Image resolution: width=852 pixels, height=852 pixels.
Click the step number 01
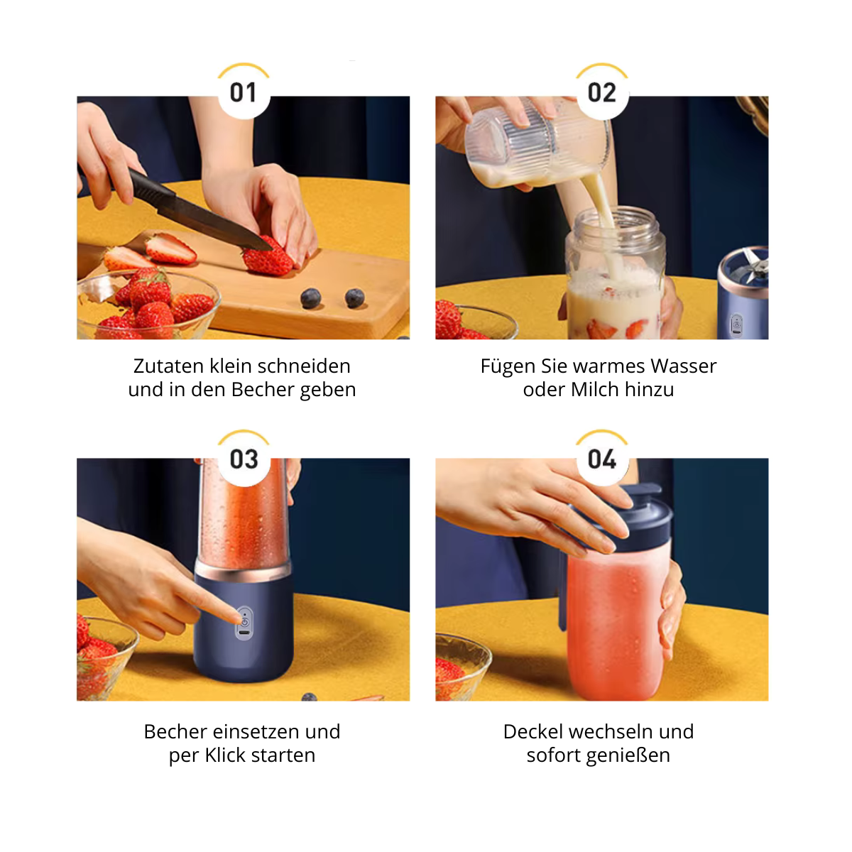(244, 93)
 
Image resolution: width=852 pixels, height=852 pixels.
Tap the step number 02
(601, 93)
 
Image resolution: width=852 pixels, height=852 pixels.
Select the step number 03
(244, 459)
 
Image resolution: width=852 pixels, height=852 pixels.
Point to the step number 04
(602, 459)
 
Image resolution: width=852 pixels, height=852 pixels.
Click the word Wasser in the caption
(684, 366)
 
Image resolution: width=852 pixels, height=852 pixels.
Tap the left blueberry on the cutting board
(311, 298)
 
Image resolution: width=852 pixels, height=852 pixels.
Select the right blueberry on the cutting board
(354, 297)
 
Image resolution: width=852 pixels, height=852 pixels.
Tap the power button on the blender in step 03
(245, 622)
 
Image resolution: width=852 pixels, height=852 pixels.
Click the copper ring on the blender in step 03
(244, 572)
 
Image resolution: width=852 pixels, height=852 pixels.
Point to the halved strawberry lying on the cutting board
(170, 249)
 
